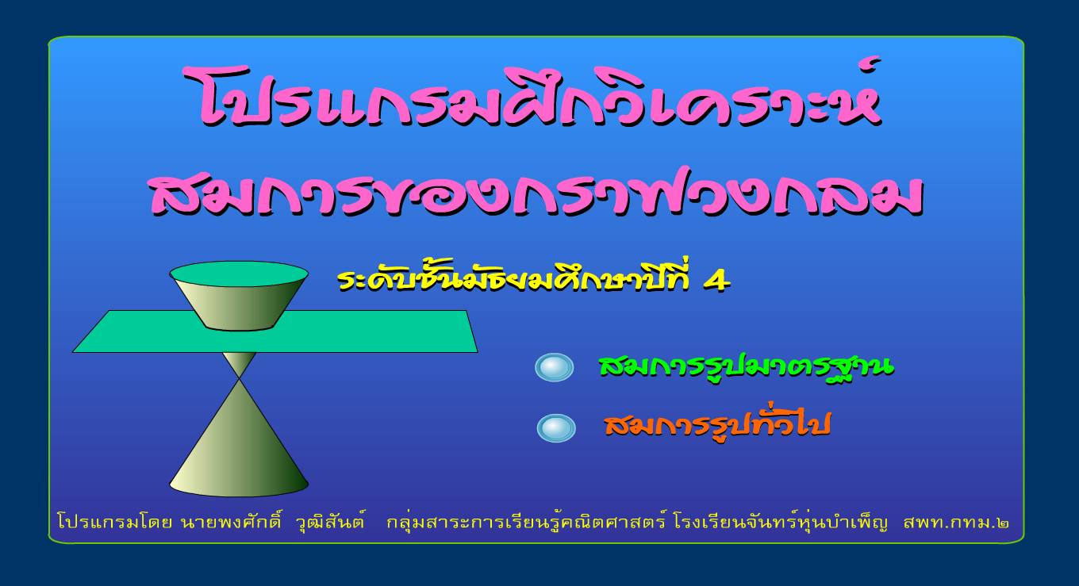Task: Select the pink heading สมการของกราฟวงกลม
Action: coord(536,192)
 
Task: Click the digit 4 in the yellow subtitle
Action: coord(717,281)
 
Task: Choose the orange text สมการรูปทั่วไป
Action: coord(718,423)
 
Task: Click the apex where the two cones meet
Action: coord(239,378)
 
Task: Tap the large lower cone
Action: coord(239,448)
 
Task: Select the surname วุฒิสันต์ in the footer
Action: coord(330,522)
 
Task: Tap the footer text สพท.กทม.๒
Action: coord(956,523)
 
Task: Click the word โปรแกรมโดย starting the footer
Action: coord(114,522)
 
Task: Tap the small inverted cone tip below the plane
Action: coord(239,365)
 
